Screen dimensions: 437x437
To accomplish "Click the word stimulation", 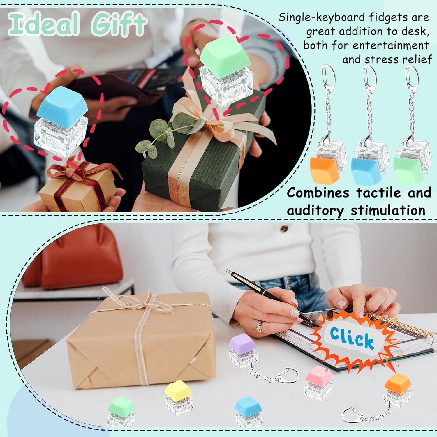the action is pos(388,210).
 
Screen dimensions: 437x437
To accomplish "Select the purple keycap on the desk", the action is pos(242,343).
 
